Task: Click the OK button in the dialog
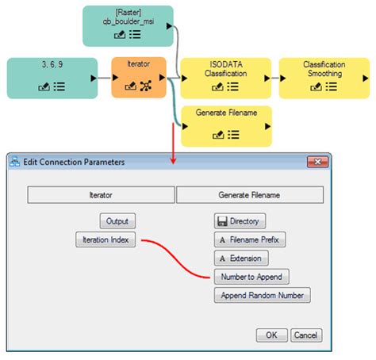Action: [271, 335]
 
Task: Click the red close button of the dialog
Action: [319, 162]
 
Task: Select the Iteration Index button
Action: [106, 239]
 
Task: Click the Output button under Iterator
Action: [117, 221]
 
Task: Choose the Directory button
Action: [240, 221]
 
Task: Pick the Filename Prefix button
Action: [248, 239]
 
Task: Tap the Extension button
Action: [241, 258]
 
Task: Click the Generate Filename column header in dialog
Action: [249, 194]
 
